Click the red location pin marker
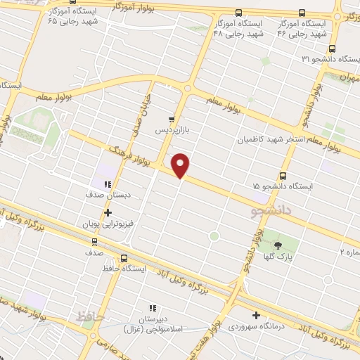(x=181, y=165)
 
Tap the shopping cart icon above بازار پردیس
(x=172, y=120)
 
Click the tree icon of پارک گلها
(x=278, y=245)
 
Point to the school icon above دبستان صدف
(x=107, y=185)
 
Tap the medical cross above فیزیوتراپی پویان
(x=107, y=212)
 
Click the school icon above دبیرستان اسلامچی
(x=150, y=307)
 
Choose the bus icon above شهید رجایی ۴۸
(x=238, y=13)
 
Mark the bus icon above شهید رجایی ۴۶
(x=302, y=13)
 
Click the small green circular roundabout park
(x=214, y=236)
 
